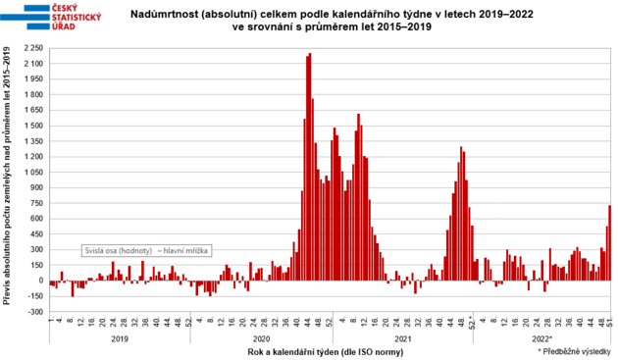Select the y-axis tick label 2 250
coord(33,48)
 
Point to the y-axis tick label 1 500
coord(33,127)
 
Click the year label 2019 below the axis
coord(119,338)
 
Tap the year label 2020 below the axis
coord(260,338)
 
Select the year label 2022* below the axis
coord(543,338)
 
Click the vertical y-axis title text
coord(9,181)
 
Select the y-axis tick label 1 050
coord(33,174)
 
